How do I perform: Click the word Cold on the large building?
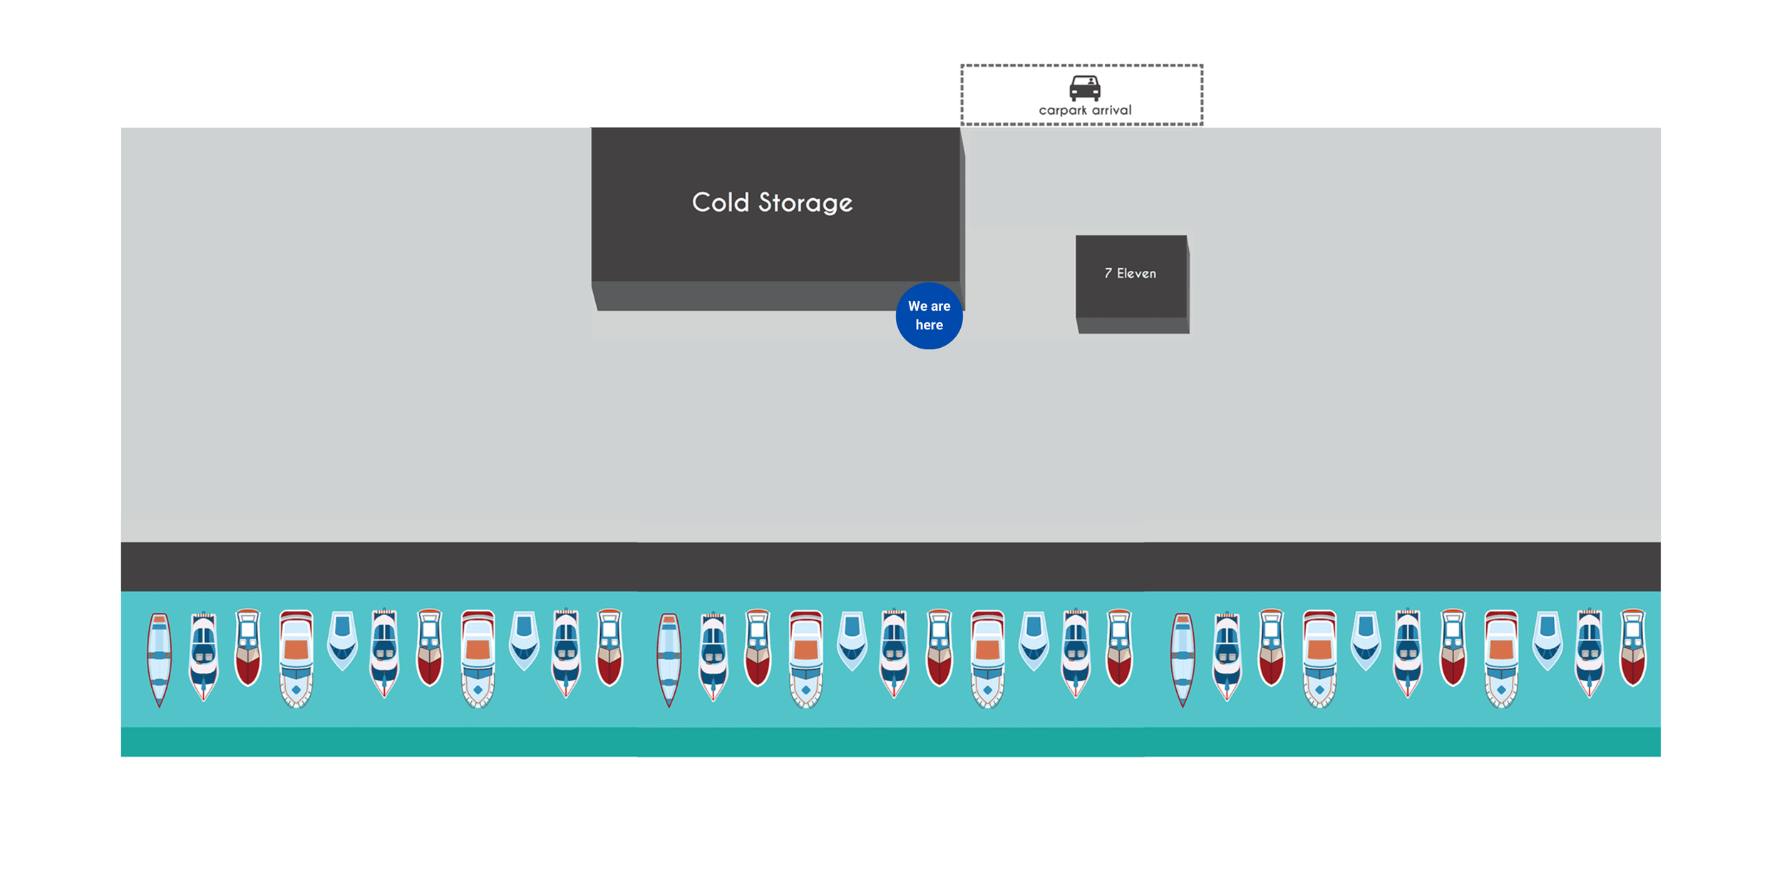(x=720, y=202)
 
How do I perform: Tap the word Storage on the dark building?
(x=805, y=204)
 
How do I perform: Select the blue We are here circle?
(x=929, y=316)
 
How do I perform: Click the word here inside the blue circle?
(x=929, y=325)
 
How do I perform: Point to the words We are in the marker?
(x=929, y=306)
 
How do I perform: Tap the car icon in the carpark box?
(x=1084, y=88)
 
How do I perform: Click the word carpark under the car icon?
(x=1062, y=110)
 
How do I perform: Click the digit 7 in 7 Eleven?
(x=1108, y=273)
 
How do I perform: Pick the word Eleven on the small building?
(x=1136, y=273)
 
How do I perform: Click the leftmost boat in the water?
(x=159, y=659)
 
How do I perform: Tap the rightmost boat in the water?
(x=1633, y=647)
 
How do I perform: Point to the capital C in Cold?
(x=702, y=202)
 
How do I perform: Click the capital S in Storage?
(x=766, y=202)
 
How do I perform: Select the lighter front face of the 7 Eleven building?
(x=1133, y=326)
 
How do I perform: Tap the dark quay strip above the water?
(x=891, y=567)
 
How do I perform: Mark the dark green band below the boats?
(x=891, y=742)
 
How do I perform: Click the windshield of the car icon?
(x=1084, y=82)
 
